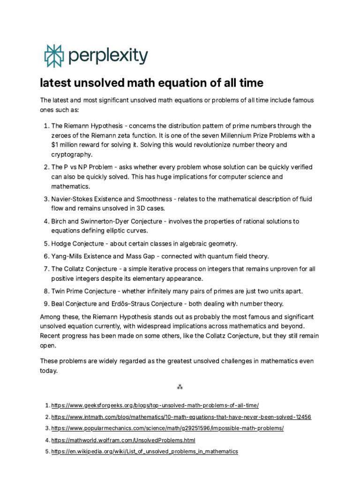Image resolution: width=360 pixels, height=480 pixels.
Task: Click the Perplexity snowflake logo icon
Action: pos(53,56)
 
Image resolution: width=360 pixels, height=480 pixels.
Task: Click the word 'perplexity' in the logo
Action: pos(108,56)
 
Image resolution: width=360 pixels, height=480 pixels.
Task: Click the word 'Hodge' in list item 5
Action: pos(61,244)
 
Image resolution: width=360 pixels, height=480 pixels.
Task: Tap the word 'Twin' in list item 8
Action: pos(59,291)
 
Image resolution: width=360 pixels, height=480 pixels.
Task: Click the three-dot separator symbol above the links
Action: pos(180,387)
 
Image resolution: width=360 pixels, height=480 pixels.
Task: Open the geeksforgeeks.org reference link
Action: pos(155,405)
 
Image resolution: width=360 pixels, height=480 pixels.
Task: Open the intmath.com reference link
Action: pos(181,417)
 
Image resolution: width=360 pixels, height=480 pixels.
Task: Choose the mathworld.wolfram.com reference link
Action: pos(123,440)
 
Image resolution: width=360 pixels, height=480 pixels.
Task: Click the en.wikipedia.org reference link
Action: pos(144,451)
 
